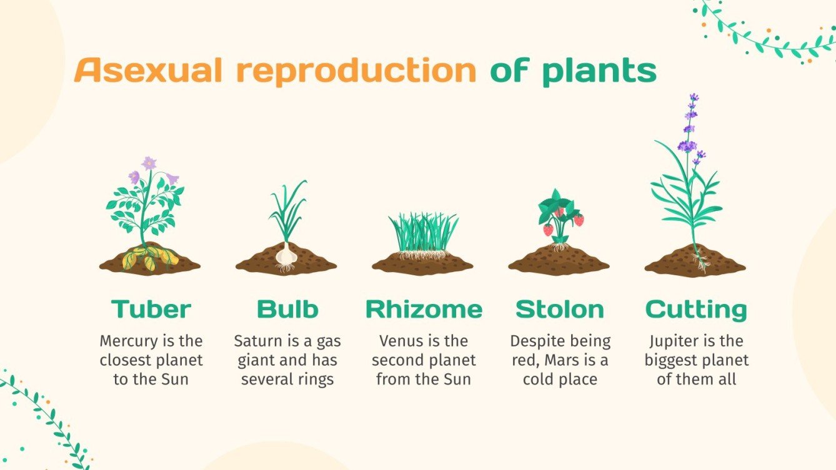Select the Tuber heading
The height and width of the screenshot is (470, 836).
151,309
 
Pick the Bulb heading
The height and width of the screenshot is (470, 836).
287,309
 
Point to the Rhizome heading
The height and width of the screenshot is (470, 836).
424,309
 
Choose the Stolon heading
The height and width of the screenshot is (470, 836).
560,309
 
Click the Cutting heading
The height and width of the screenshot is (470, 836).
696,309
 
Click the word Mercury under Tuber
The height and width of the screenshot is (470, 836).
129,341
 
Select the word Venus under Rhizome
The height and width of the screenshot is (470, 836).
400,341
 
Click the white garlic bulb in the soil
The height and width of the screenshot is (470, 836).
287,254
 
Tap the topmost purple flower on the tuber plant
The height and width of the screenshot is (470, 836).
149,164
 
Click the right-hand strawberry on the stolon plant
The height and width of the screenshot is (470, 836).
579,220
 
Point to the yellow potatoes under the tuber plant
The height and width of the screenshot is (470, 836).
150,258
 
